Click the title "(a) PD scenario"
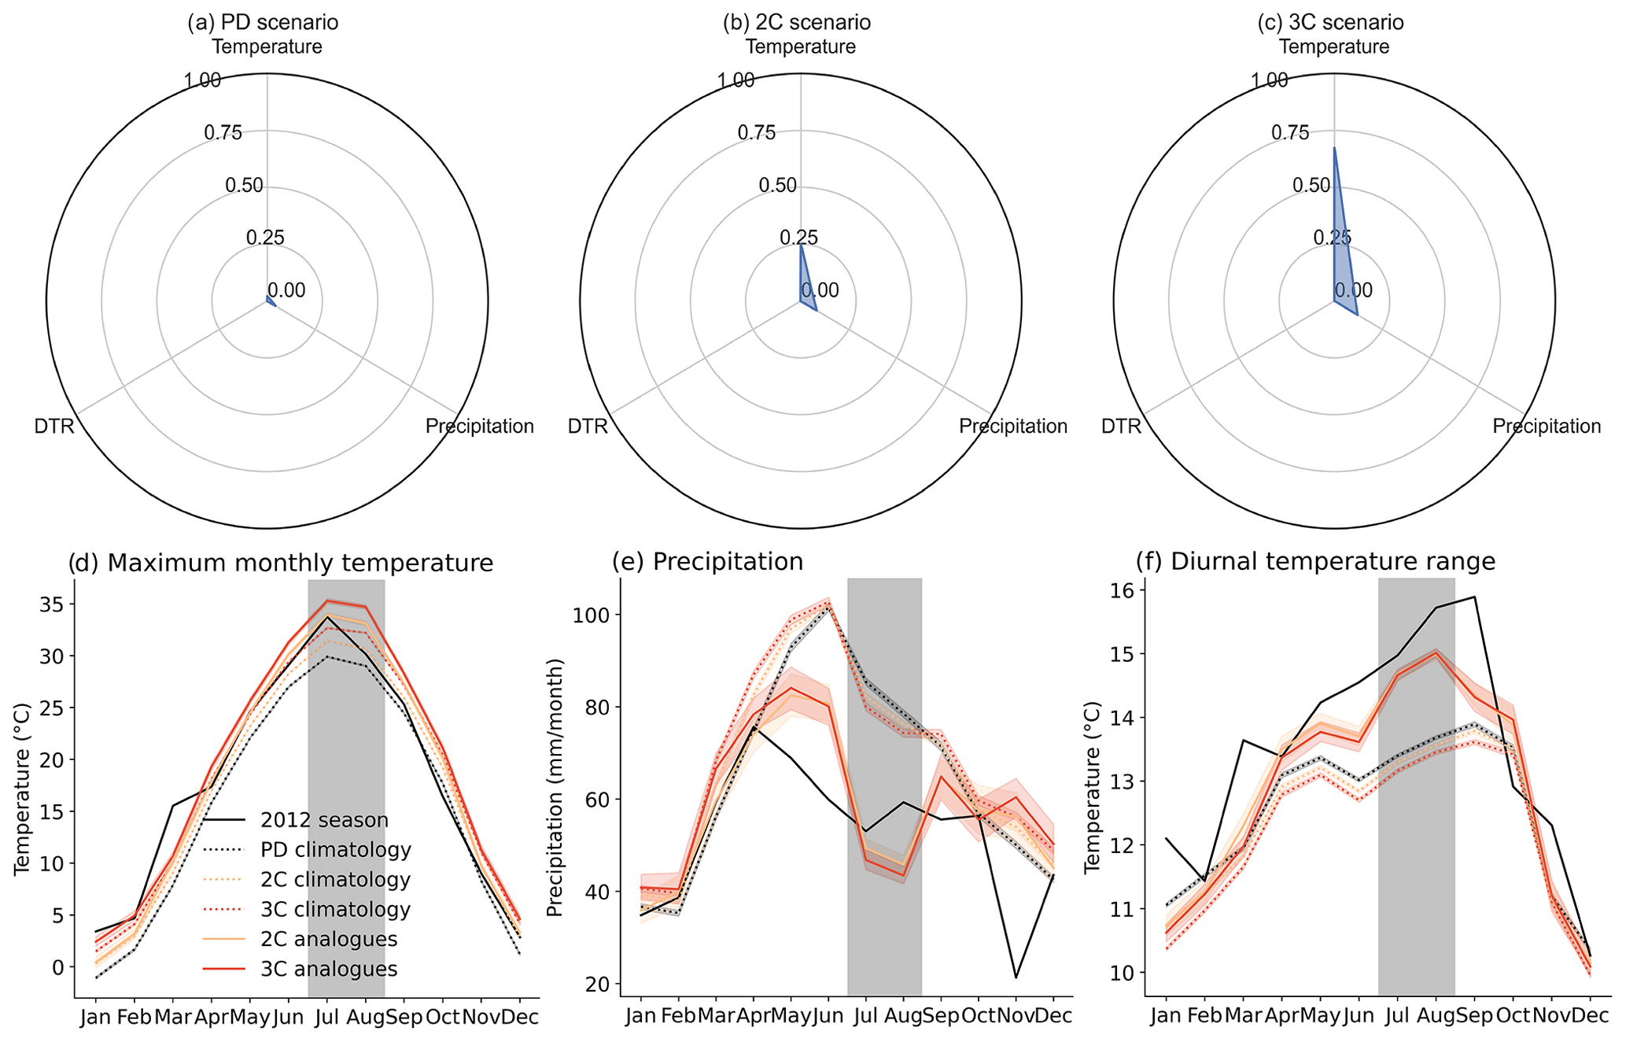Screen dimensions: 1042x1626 coord(263,22)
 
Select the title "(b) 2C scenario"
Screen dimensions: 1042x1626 coord(796,22)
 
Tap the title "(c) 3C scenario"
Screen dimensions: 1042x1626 coord(1330,22)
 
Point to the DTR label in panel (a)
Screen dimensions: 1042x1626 coord(54,427)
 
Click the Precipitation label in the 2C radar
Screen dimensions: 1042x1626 coord(1013,427)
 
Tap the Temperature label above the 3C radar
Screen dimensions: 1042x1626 coord(1334,46)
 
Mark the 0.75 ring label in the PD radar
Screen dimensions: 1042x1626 coord(223,133)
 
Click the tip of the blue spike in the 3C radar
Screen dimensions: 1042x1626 coord(1334,148)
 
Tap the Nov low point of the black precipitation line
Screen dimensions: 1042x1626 coord(1016,977)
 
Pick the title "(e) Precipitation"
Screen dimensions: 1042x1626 coord(708,561)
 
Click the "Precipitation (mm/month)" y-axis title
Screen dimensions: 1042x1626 coord(555,789)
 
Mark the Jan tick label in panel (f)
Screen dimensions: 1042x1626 coord(1166,1017)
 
